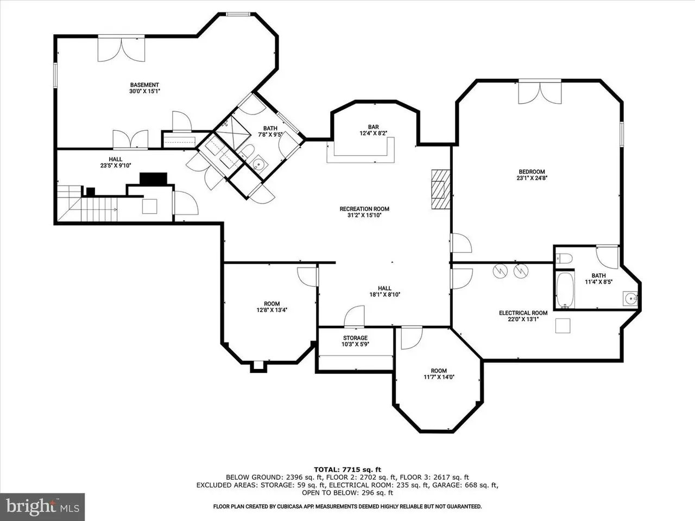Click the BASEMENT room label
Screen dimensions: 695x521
coord(144,85)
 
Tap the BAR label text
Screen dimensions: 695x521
coord(374,127)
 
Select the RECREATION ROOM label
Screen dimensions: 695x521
coord(364,209)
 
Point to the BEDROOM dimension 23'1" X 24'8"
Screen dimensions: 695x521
coord(532,178)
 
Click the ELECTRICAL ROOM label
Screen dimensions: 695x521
coord(523,313)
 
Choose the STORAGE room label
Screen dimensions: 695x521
coord(355,338)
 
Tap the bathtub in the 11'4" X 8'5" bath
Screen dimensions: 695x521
coord(565,290)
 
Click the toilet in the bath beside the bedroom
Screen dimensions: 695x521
coord(564,259)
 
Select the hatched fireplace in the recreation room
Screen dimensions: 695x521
coord(441,189)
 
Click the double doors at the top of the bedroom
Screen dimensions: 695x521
coord(540,93)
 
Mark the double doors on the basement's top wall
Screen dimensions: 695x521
coord(121,48)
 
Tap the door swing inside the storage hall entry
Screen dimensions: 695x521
coord(355,316)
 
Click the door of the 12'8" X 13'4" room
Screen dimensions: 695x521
coord(308,277)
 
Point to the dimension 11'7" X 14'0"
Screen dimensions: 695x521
coord(439,377)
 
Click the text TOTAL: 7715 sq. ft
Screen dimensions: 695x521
coord(347,469)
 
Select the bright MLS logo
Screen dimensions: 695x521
coord(42,507)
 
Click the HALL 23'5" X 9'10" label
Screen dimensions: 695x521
coord(116,162)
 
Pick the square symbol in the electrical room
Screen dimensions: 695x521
coord(563,326)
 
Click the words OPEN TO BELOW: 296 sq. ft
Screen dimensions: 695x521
coord(347,493)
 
